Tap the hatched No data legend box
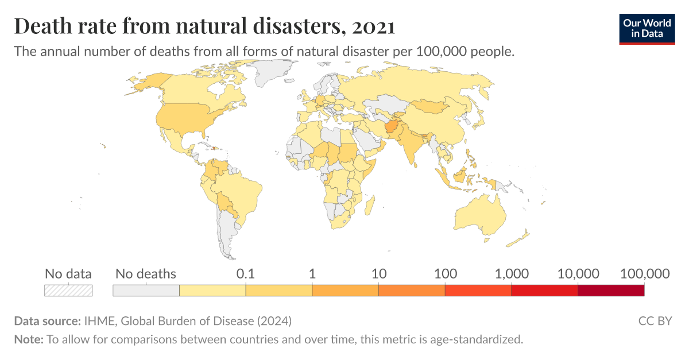pos(68,291)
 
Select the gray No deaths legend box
pos(146,291)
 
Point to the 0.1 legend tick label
pos(245,274)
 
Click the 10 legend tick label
pos(378,274)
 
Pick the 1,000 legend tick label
pos(512,274)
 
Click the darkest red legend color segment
pos(611,291)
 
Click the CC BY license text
pos(655,320)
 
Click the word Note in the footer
pos(28,339)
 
